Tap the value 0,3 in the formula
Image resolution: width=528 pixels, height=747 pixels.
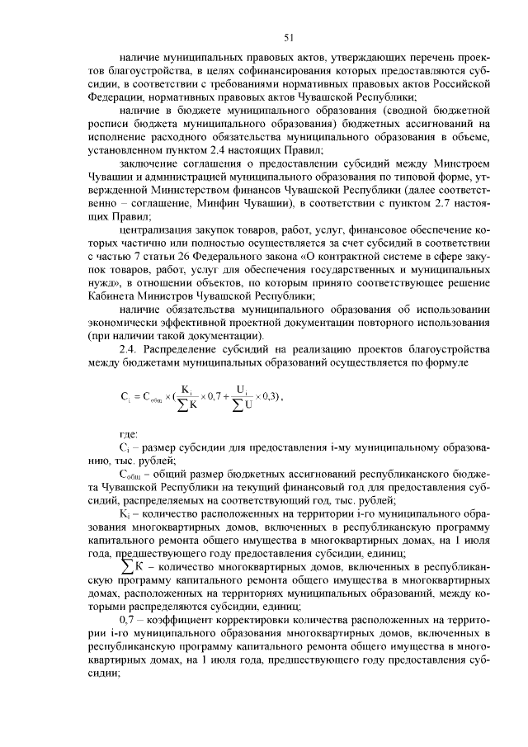pyautogui.click(x=266, y=395)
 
